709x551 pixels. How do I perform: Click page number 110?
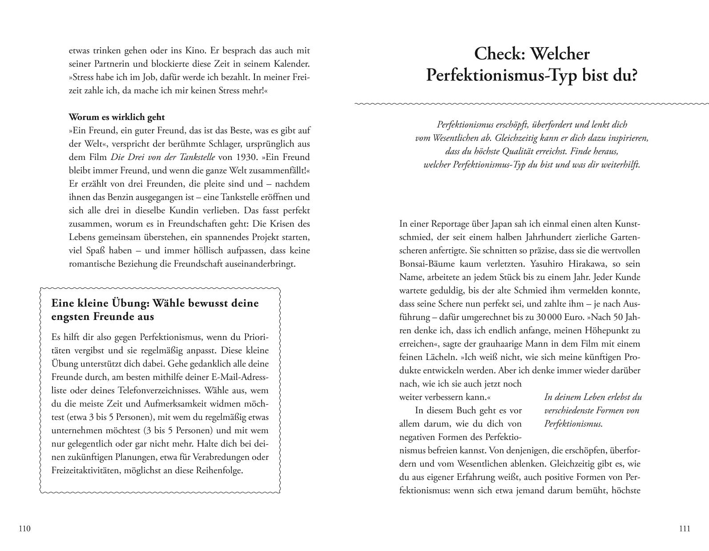(x=24, y=529)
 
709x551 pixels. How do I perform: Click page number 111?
(x=685, y=529)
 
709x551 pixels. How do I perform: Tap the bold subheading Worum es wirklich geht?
(x=117, y=117)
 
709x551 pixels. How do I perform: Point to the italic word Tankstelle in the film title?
(x=195, y=157)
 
